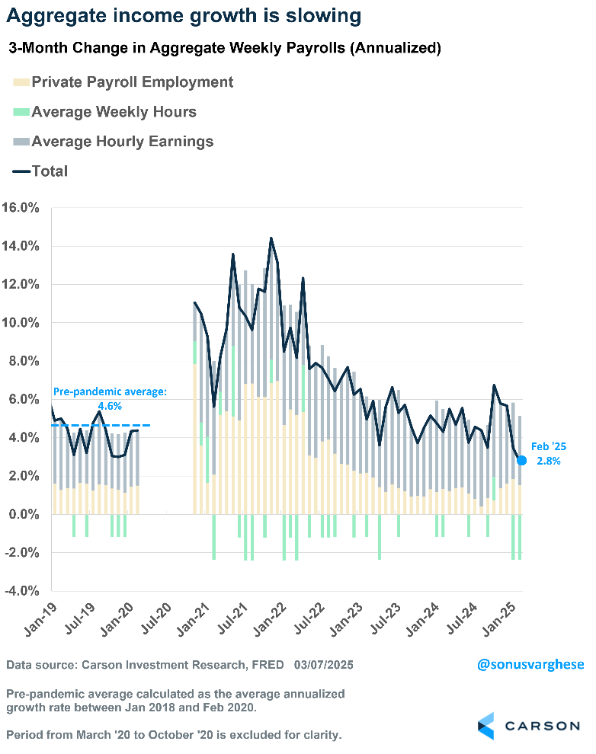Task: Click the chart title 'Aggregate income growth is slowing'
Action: (182, 16)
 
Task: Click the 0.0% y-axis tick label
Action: (24, 515)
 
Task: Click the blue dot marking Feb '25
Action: (522, 460)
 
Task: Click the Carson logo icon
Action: (485, 725)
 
